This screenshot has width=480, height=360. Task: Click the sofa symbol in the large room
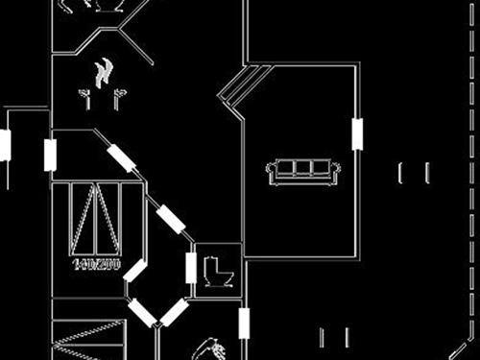pos(303,172)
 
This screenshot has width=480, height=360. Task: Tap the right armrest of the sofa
pos(335,172)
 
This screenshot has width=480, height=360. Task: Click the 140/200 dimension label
pos(96,263)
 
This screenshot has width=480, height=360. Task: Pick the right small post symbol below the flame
pos(118,97)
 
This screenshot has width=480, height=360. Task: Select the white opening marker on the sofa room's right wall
pos(357,134)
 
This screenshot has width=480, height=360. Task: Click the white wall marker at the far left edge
pos(5,145)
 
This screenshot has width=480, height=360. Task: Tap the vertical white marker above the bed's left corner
pos(50,156)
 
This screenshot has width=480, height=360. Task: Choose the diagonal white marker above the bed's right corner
pos(121,157)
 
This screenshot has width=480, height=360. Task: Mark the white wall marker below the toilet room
pos(244,323)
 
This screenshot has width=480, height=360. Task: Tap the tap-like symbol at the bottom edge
pos(212,348)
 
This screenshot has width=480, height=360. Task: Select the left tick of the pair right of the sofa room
pos(401,174)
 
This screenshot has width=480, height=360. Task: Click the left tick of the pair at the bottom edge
pos(322,338)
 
